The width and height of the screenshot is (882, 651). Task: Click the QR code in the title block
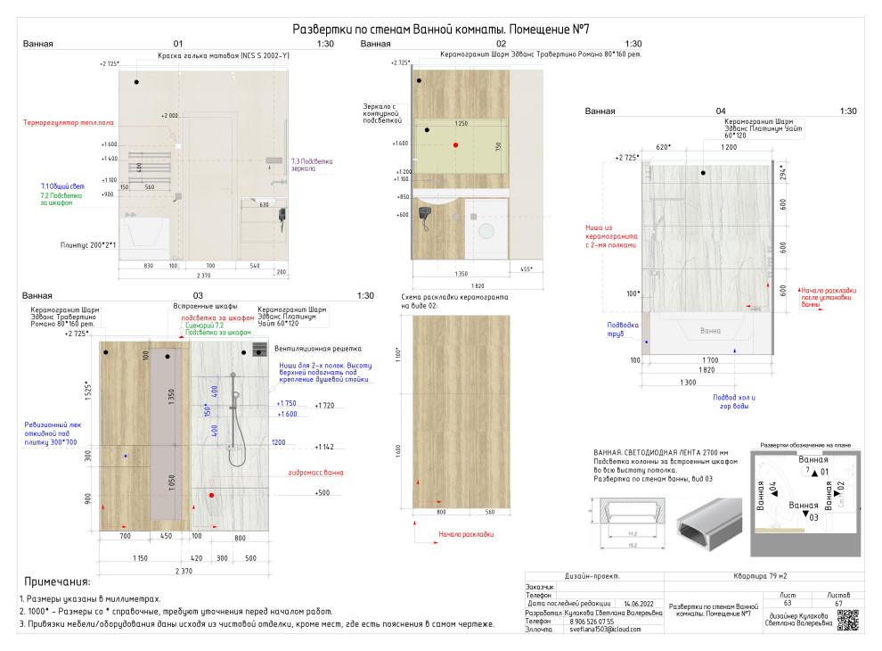click(x=848, y=620)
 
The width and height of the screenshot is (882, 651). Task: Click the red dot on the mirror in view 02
click(x=455, y=144)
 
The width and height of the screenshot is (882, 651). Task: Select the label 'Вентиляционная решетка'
click(x=305, y=349)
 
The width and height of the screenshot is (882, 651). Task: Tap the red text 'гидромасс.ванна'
click(x=315, y=473)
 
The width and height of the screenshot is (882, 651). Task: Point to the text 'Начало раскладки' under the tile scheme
click(x=466, y=535)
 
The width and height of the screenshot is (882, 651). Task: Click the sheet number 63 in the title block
click(x=787, y=603)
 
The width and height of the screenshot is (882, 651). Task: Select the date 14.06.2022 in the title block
click(x=639, y=604)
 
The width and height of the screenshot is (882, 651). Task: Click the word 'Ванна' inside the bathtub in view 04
click(x=710, y=331)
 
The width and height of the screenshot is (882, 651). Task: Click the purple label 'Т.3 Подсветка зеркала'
click(x=311, y=165)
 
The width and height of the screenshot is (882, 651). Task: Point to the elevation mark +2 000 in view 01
click(x=169, y=116)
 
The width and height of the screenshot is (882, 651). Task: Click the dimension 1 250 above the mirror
click(x=461, y=123)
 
